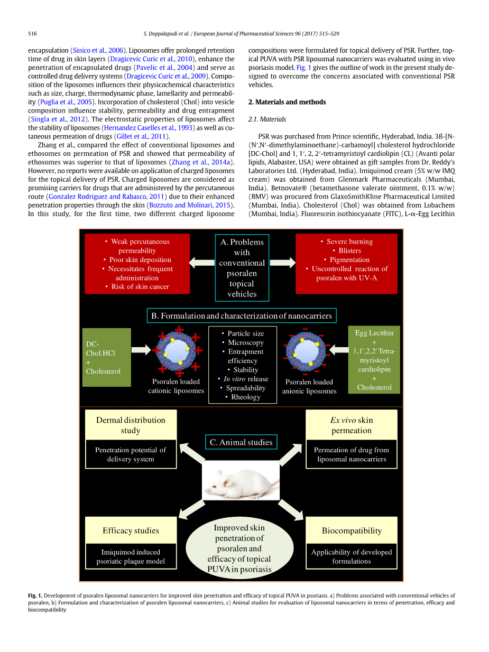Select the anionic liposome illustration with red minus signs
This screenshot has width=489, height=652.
point(306,350)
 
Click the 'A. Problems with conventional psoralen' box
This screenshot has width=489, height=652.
point(242,267)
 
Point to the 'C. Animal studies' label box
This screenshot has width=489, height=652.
point(241,442)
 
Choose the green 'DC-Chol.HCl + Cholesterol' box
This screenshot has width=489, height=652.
point(107,357)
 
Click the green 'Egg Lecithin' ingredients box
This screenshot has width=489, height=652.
point(374,360)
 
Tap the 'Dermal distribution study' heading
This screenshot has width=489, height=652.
point(131,425)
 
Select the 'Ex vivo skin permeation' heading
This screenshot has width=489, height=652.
point(352,425)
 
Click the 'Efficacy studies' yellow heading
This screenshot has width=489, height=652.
point(131,530)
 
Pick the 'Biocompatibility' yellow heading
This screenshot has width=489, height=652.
point(352,530)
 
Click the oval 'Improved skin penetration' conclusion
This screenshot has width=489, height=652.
point(239,548)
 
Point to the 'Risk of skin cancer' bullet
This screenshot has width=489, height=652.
point(140,287)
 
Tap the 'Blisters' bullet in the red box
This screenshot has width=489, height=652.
point(349,250)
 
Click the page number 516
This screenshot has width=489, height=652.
point(32,33)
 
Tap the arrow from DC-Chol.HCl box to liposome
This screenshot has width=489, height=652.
point(141,349)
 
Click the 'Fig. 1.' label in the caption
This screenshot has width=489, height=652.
point(35,595)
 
